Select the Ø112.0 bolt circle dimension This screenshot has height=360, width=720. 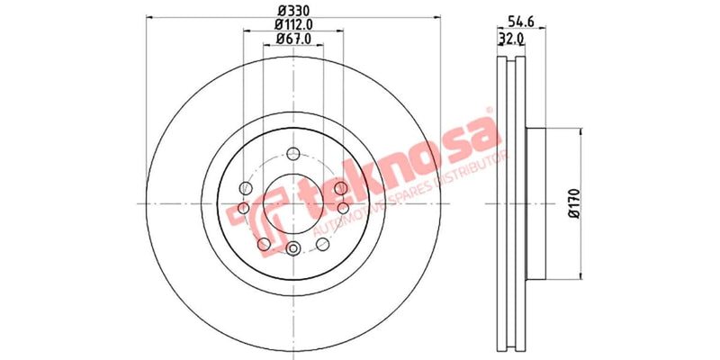(292, 24)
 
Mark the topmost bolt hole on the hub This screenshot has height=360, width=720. (293, 154)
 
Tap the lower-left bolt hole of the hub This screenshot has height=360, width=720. (263, 244)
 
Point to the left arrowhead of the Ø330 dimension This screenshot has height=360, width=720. (148, 16)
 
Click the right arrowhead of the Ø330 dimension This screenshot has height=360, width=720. (439, 16)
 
